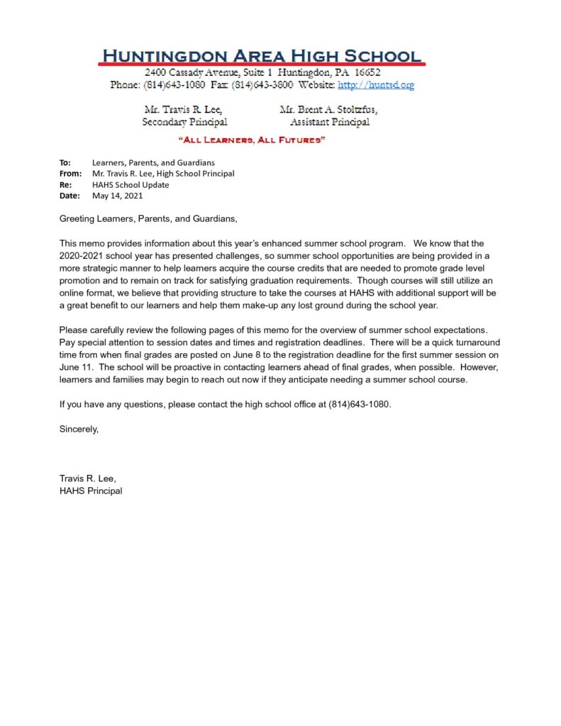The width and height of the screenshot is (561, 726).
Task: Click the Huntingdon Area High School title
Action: (262, 55)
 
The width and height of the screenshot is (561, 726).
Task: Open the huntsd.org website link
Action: (375, 85)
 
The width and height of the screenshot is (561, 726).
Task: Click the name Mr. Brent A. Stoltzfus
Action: (328, 110)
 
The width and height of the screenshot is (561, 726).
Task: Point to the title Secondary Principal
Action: (184, 122)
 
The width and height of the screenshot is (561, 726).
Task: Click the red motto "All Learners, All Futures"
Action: (252, 140)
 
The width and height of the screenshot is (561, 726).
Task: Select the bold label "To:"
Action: (65, 163)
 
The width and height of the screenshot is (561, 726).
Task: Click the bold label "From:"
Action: (70, 174)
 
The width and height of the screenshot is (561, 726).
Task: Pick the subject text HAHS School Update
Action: (130, 184)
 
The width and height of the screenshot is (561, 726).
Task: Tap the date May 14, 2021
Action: (118, 196)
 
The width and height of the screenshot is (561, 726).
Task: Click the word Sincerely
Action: (79, 429)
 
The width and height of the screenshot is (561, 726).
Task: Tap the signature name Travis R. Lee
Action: (87, 479)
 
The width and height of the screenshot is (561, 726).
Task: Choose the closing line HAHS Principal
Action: (91, 491)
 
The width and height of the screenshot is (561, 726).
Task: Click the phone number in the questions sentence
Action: (359, 403)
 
